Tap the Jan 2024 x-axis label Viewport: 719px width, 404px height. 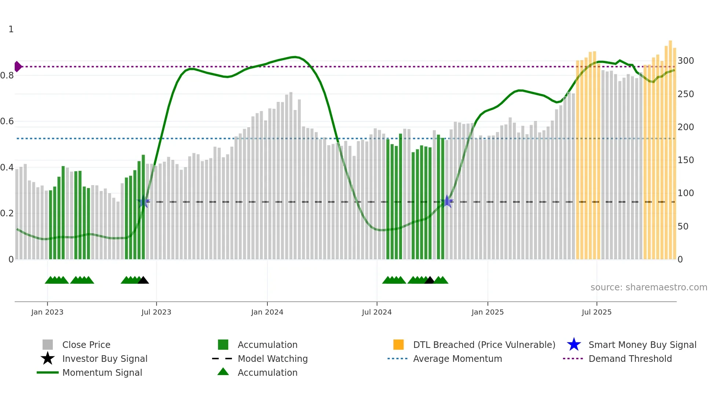coord(267,312)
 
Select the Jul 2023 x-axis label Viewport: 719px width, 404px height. coord(156,312)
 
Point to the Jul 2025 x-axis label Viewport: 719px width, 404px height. coord(596,312)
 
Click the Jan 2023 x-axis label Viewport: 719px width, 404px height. coord(47,312)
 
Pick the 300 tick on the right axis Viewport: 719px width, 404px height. coord(686,61)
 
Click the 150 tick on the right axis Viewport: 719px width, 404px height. coord(686,160)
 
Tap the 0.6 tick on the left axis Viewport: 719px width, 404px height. coord(7,121)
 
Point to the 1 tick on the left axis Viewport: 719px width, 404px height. coord(11,29)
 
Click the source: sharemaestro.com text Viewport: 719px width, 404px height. coord(649,287)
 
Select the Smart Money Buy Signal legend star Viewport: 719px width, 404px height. coord(574,345)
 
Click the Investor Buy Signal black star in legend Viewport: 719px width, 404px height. coord(48,359)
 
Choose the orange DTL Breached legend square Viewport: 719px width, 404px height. coord(398,345)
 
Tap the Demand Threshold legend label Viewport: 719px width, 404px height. coord(630,359)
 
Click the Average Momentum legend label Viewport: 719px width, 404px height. coord(457,359)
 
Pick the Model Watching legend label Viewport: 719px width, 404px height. coord(273,359)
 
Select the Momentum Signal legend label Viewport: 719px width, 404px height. coord(102,372)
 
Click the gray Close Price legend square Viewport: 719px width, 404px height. coord(48,345)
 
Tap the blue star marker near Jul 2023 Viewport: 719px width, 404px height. coord(144,202)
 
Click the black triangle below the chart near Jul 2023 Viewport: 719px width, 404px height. coord(143,280)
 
